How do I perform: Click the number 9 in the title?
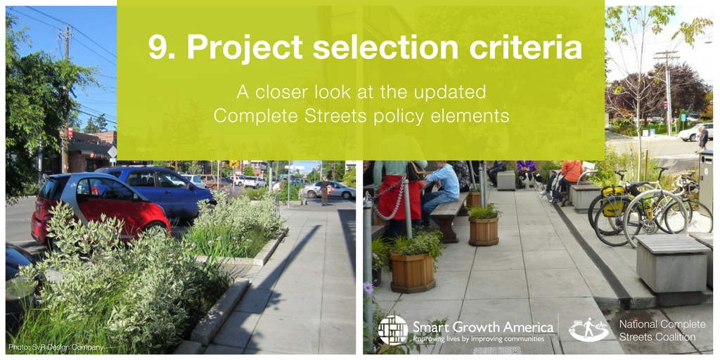[158, 47]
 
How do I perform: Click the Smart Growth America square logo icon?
[393, 330]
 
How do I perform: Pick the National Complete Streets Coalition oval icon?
[589, 330]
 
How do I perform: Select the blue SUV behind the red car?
[158, 188]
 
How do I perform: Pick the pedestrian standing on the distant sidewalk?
[325, 191]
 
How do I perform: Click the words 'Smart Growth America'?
[483, 328]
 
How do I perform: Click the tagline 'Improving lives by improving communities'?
[478, 339]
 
